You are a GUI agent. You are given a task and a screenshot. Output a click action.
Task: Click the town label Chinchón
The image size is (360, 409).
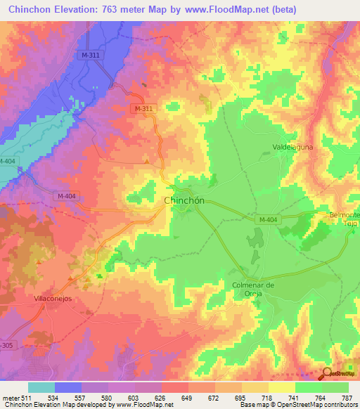pos(184,200)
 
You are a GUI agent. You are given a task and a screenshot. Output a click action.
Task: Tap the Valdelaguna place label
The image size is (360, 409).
pos(292,148)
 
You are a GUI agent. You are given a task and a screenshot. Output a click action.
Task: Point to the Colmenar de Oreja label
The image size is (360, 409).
pos(252,289)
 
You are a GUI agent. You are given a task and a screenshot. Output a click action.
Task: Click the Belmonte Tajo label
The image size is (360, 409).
pos(345,219)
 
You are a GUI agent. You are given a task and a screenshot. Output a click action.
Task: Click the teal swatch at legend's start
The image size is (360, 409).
pos(41,387)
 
